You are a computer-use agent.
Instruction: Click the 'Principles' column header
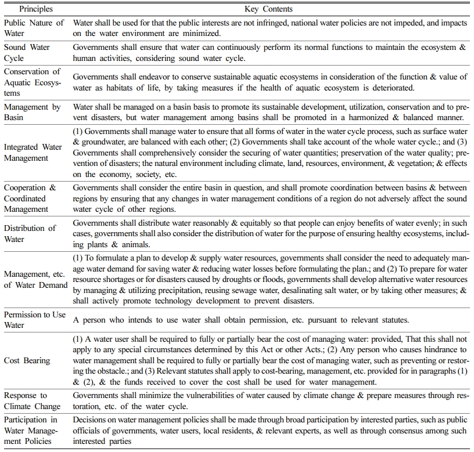coord(35,9)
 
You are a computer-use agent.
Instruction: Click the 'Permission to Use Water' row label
coord(35,320)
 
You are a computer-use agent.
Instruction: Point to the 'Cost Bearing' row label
coord(28,360)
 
